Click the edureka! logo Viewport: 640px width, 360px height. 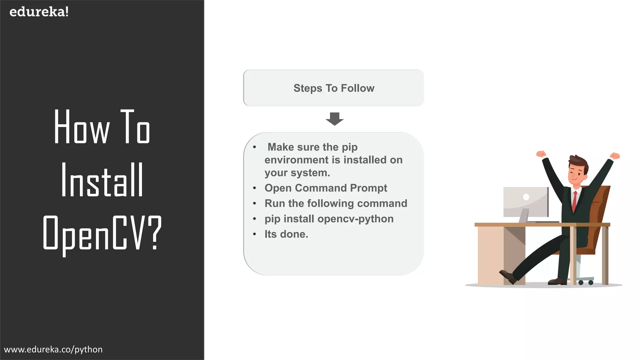39,12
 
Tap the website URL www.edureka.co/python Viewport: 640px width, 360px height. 53,349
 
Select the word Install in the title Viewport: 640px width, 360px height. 102,180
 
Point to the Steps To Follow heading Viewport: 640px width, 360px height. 334,88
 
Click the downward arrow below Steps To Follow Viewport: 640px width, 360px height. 334,119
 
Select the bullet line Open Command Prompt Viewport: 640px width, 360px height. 326,188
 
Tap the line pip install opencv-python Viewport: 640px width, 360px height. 329,219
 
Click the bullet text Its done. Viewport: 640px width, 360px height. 286,234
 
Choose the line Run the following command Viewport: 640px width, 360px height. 336,203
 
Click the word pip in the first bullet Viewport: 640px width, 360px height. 350,147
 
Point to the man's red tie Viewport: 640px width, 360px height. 574,202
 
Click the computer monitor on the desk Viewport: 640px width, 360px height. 526,202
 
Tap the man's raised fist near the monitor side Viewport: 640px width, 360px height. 541,154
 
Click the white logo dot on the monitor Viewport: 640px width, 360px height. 526,197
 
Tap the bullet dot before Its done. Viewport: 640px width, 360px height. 255,234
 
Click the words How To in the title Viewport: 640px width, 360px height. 102,127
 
